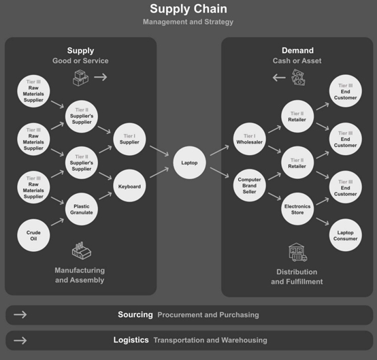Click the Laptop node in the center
pos(189,163)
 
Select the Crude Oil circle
pos(33,235)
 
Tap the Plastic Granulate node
pos(82,209)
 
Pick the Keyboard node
pos(129,186)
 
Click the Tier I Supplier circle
pos(129,140)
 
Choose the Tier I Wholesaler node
pos(249,139)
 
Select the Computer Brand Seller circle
pos(249,185)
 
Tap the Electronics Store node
pos(297,209)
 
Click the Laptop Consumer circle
pos(345,235)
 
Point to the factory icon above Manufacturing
pos(82,250)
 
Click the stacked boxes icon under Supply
pos(80,78)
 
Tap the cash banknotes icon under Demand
pos(298,78)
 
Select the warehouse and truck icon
pos(297,252)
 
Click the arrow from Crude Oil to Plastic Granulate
pos(57,222)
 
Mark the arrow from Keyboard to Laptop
pos(159,173)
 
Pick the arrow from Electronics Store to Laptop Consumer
pos(323,221)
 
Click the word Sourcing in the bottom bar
pos(135,314)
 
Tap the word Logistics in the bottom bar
pos(131,340)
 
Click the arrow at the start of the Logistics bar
pos(20,340)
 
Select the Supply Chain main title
pos(188,9)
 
